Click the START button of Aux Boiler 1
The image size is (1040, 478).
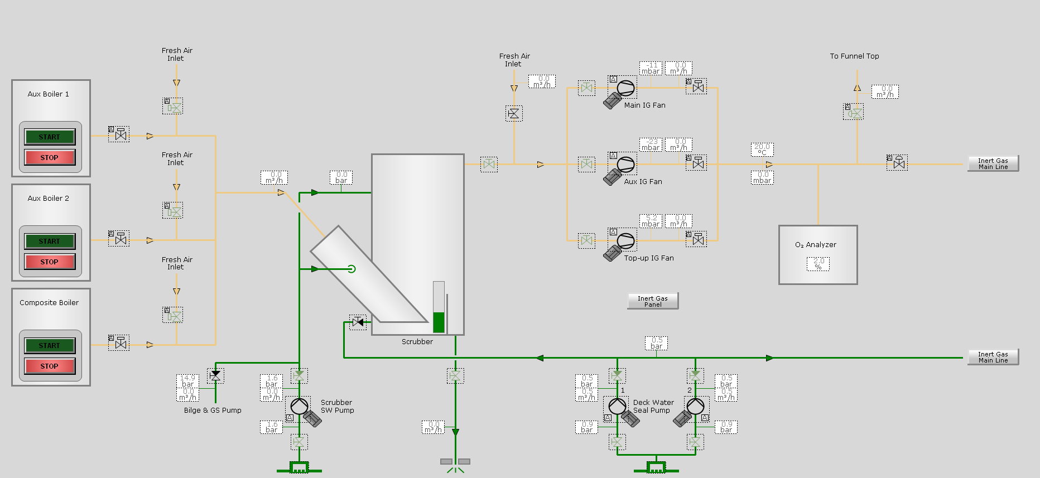49,137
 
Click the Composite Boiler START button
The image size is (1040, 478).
49,345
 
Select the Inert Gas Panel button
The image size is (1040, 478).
653,301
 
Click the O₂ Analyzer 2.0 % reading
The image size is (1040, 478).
818,264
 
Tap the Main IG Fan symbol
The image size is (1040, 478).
625,88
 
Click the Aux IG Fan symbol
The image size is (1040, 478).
625,165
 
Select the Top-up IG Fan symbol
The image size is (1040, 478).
625,241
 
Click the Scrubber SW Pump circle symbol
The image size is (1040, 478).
299,406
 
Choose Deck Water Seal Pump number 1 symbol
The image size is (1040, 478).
617,406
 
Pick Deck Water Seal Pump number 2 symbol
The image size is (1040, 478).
695,406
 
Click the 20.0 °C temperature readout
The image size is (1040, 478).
762,149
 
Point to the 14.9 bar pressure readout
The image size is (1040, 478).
188,381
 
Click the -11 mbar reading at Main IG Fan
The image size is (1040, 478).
651,68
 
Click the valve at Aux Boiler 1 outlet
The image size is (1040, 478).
121,134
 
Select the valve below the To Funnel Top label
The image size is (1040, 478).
854,112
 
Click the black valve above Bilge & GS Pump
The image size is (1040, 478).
215,376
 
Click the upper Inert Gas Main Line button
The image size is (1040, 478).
993,163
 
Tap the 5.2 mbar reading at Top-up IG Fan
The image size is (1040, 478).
651,221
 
